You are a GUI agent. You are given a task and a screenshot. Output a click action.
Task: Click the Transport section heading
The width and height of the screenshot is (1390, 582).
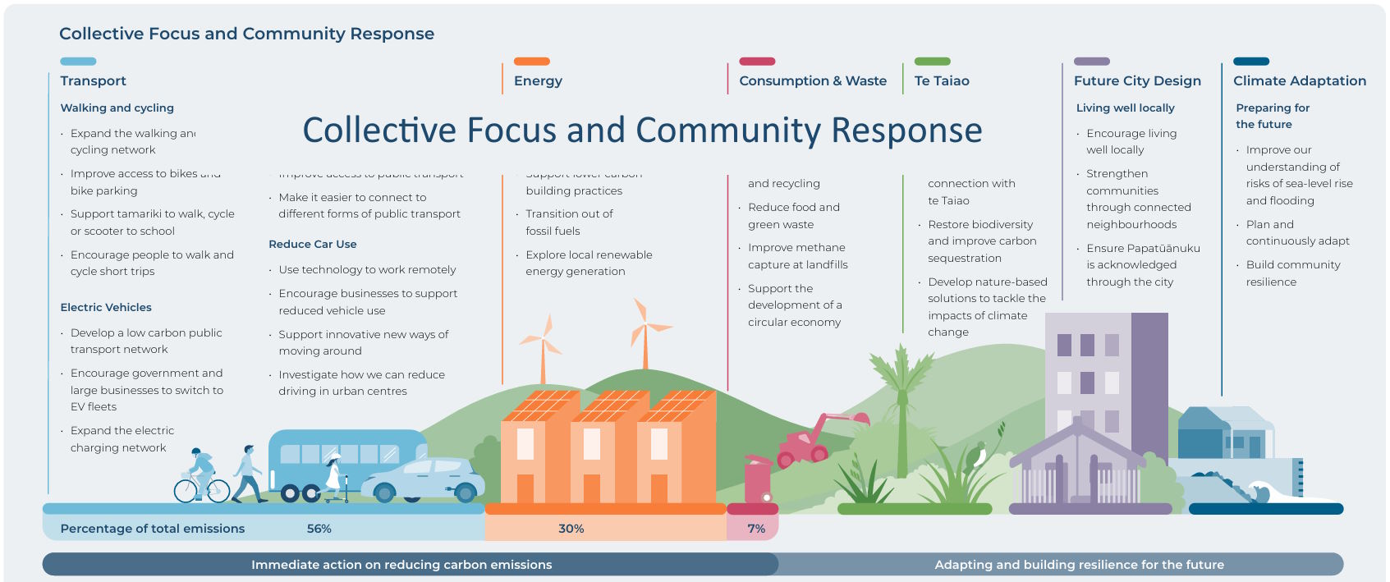(93, 80)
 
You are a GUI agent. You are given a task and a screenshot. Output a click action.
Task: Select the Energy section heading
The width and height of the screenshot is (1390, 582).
(538, 80)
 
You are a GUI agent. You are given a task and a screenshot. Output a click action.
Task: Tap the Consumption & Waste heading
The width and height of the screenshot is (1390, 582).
(812, 80)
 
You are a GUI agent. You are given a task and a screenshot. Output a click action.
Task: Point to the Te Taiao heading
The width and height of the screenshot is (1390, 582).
(942, 80)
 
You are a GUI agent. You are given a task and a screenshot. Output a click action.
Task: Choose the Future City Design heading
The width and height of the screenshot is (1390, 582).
(1137, 80)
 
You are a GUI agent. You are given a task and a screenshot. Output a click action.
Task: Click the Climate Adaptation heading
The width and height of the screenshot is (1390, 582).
(1299, 80)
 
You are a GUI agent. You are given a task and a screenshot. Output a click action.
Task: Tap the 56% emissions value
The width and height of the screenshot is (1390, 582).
(319, 529)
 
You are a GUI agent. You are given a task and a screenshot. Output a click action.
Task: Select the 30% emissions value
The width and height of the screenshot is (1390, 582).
(571, 529)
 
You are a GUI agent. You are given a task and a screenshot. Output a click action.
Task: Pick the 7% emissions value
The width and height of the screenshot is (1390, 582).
(756, 529)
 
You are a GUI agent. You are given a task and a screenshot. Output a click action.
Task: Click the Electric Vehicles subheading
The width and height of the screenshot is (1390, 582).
(106, 307)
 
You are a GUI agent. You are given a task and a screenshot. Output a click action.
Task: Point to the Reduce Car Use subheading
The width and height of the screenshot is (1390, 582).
(312, 244)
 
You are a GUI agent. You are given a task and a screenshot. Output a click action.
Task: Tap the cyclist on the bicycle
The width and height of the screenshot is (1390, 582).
(200, 476)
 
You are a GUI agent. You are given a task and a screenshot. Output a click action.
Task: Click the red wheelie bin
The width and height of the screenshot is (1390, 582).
(758, 480)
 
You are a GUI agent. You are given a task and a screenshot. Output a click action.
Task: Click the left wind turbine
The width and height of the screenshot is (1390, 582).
(541, 345)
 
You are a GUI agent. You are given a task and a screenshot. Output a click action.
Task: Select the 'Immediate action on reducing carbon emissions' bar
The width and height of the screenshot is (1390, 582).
(401, 565)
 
